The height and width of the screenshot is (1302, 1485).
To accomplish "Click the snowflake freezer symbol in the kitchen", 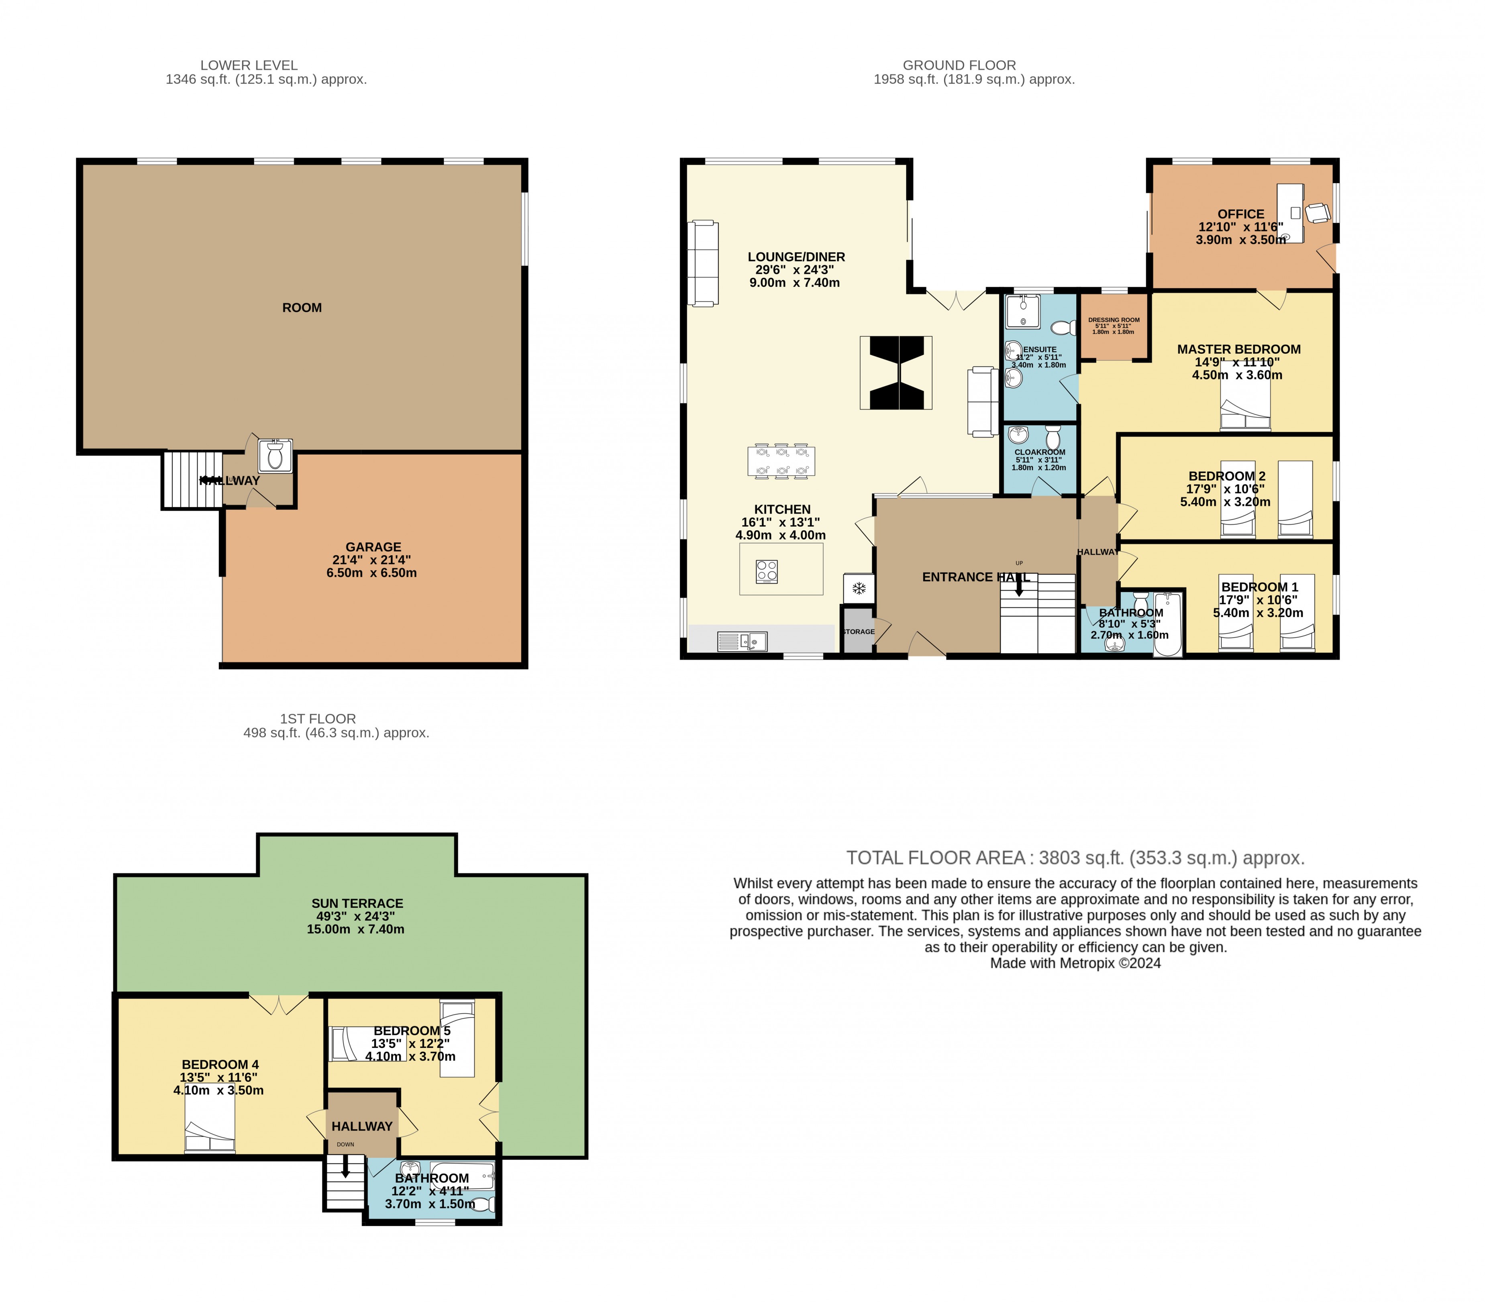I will (x=858, y=588).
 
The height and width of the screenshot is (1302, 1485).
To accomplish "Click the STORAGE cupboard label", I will (x=859, y=632).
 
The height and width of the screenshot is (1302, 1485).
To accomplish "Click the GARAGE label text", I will (x=373, y=547).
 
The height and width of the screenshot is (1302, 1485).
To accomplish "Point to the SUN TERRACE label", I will (x=357, y=903).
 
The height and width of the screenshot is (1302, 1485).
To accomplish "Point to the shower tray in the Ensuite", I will (x=1022, y=311).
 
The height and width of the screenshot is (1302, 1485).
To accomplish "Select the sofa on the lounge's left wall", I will (x=702, y=263).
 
